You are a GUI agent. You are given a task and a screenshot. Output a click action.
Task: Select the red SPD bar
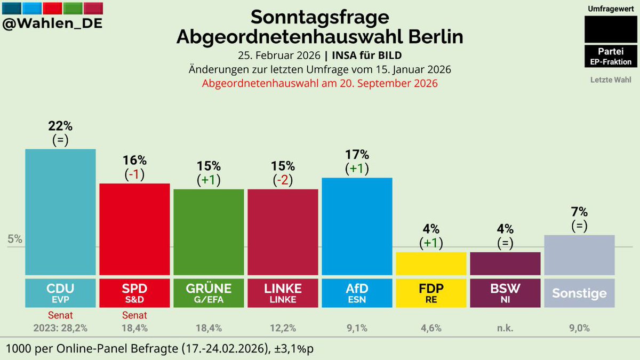coord(134,229)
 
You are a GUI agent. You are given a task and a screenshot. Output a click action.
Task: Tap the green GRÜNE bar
coord(209,232)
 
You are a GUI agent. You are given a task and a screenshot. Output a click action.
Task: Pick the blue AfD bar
coord(357,227)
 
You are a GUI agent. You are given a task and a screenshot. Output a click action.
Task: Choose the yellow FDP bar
coord(431,263)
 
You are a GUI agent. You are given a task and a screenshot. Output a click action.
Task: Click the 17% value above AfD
coord(357,155)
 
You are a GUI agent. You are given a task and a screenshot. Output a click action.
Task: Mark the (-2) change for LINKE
coord(283,180)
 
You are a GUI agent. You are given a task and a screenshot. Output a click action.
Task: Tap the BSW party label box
coord(505,292)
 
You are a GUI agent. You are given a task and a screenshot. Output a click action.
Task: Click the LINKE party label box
coord(283,292)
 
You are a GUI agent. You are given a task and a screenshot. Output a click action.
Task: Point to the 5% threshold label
coord(15,239)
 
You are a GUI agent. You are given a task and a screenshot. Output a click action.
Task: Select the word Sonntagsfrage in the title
coord(319,17)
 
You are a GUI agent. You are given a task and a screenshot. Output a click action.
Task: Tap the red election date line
coord(319,83)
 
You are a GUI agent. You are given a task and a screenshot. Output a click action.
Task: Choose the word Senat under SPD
coord(134,316)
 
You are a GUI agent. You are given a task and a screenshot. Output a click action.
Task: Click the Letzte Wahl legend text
coord(610,80)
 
